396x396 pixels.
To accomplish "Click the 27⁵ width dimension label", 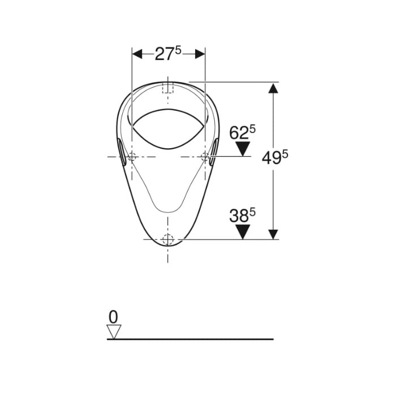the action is pyautogui.click(x=168, y=54).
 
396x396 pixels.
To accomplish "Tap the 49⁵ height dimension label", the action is pyautogui.click(x=275, y=158).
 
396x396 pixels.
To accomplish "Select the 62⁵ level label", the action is pyautogui.click(x=242, y=132).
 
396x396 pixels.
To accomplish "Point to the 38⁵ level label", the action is pyautogui.click(x=242, y=215).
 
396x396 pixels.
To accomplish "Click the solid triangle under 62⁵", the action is pyautogui.click(x=243, y=149).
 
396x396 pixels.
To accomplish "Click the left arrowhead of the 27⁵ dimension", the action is pyautogui.click(x=137, y=54).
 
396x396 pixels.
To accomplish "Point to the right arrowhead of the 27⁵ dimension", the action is pyautogui.click(x=200, y=54).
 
